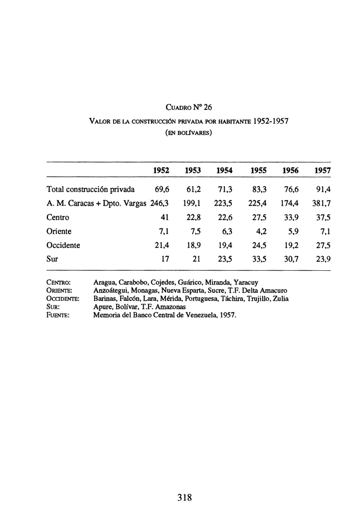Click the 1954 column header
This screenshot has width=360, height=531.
tap(224, 170)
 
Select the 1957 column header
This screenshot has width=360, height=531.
tap(322, 170)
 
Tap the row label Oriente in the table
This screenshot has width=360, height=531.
tap(59, 231)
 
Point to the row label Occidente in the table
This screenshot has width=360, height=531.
tap(63, 245)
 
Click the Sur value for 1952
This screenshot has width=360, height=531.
tap(165, 259)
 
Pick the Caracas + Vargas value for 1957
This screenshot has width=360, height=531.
tap(321, 203)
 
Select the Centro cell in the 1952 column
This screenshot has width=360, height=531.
tap(163, 217)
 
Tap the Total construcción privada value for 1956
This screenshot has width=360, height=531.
tap(291, 189)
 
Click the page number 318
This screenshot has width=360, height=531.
tap(184, 498)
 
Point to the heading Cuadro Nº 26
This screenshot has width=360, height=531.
tap(189, 107)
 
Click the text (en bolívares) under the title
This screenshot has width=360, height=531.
tap(188, 133)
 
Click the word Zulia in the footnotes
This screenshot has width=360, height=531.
tap(280, 298)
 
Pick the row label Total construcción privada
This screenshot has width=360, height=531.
tap(91, 189)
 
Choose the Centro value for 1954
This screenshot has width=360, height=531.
tap(225, 217)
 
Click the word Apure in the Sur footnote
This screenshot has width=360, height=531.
tap(101, 307)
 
